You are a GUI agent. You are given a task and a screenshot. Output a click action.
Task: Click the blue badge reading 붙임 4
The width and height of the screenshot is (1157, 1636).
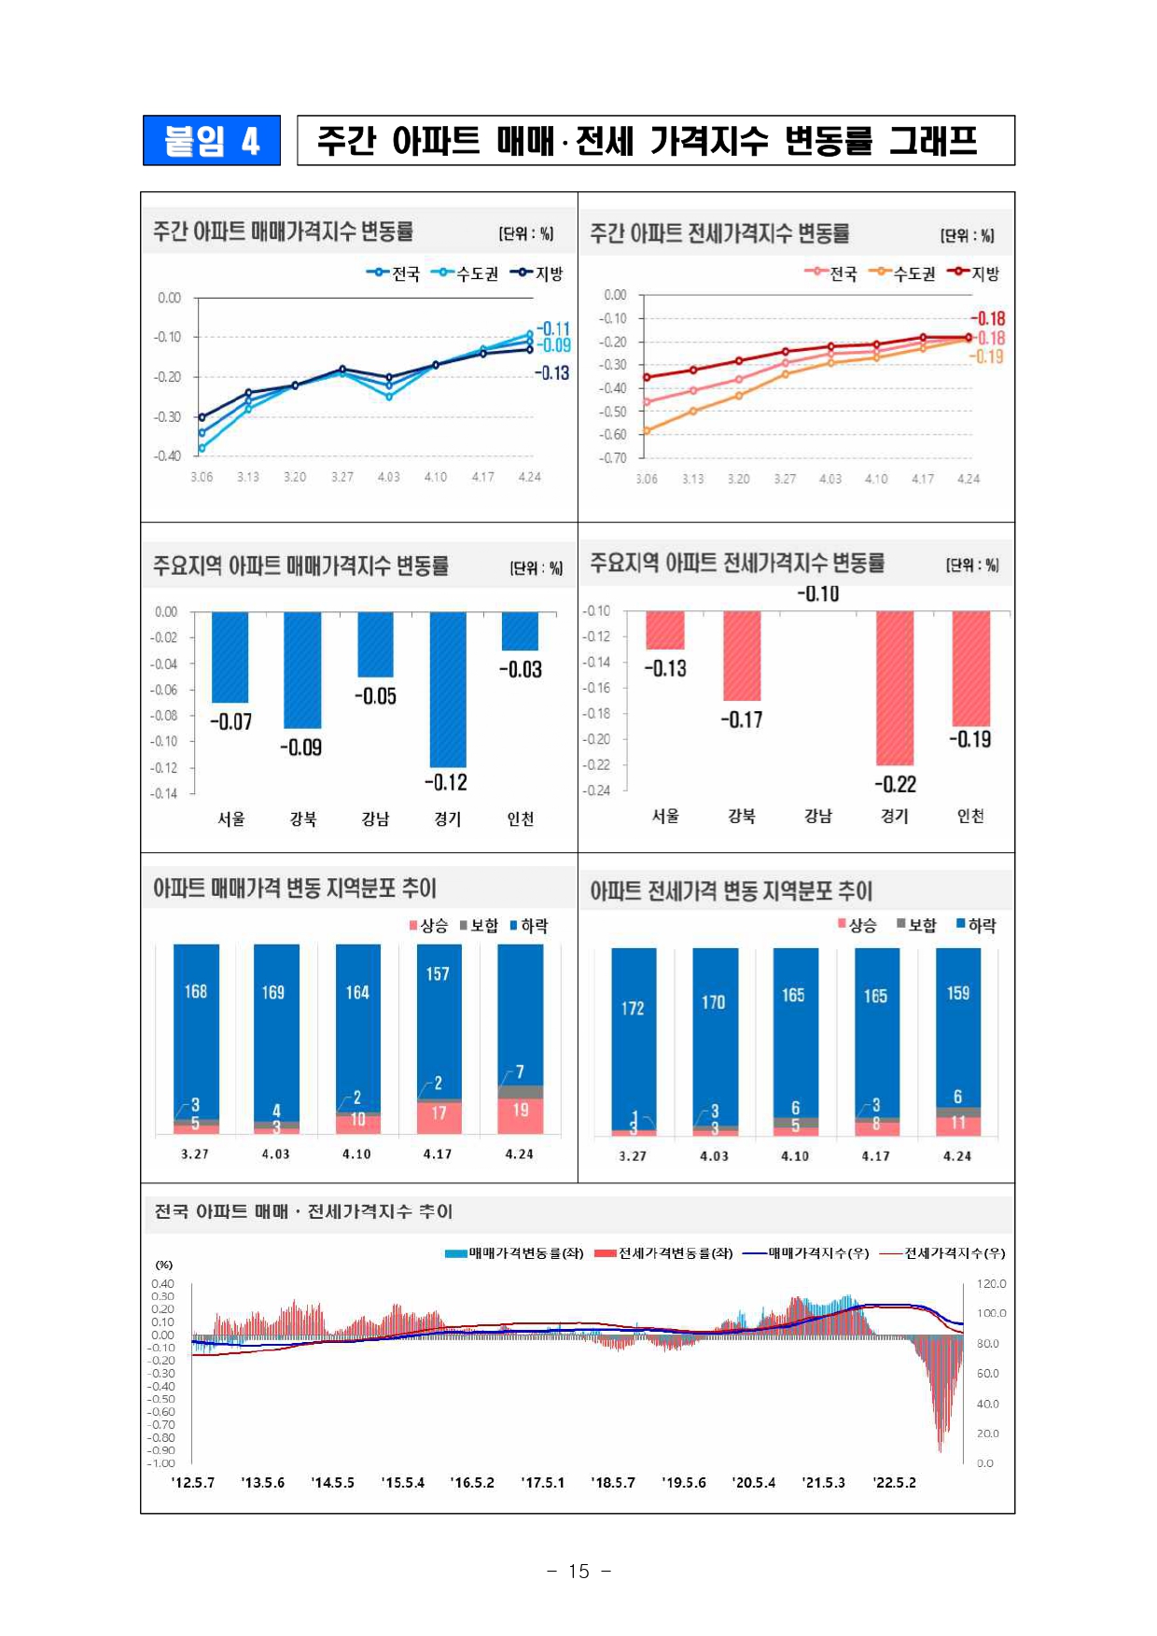(x=211, y=140)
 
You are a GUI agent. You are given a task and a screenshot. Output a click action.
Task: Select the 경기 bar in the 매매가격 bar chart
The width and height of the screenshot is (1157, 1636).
(x=447, y=689)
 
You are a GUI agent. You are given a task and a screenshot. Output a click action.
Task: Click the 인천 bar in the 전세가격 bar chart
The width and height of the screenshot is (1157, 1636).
(x=970, y=668)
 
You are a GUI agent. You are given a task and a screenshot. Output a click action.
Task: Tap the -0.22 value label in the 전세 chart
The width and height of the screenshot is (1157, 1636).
(x=895, y=784)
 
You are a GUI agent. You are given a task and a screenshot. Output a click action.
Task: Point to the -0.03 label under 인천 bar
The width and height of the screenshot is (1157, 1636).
(x=520, y=669)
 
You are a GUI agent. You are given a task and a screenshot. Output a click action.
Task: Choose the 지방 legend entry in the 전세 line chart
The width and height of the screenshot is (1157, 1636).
(x=974, y=273)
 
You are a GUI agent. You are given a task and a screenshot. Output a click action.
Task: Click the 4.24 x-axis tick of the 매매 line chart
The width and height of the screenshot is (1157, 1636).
(x=529, y=477)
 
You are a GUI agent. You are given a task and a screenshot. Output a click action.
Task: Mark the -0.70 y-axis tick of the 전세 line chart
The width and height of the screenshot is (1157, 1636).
(x=613, y=458)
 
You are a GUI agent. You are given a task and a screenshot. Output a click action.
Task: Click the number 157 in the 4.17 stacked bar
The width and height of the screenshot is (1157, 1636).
(x=438, y=973)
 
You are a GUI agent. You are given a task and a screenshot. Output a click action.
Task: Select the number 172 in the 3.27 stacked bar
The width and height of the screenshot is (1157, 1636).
(x=633, y=1008)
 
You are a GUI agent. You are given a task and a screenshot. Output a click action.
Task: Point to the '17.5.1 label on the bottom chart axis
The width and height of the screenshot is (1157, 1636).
(x=542, y=1482)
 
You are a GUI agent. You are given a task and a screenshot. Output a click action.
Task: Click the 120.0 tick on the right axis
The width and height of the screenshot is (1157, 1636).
(x=991, y=1284)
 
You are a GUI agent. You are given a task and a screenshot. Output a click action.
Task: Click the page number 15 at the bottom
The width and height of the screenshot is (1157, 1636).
(x=578, y=1571)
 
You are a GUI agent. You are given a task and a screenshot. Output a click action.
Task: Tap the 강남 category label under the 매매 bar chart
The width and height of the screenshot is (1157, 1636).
(x=375, y=818)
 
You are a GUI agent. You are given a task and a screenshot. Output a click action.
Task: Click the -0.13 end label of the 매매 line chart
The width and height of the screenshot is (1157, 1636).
(x=551, y=373)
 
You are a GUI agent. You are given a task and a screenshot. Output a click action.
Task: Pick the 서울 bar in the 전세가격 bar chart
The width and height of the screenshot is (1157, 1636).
(x=665, y=630)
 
